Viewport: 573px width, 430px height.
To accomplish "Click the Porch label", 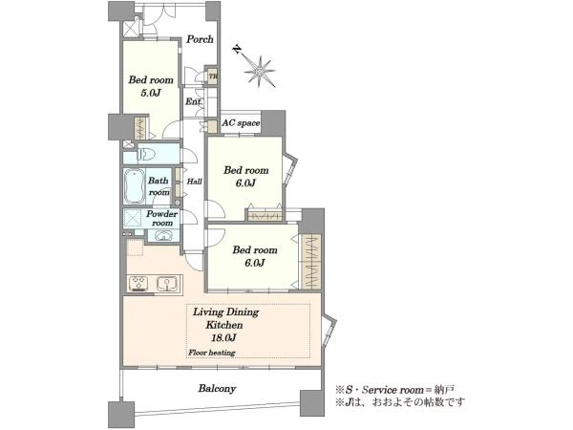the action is click(200, 39).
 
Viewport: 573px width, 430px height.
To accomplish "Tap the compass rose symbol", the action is click(260, 72).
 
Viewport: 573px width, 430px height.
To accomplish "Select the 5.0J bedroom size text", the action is click(151, 93).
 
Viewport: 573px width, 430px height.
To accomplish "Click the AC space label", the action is click(241, 123).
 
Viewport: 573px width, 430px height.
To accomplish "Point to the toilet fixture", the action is click(147, 154).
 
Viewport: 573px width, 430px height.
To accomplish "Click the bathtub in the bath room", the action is click(135, 186).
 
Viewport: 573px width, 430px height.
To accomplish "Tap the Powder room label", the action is click(162, 218).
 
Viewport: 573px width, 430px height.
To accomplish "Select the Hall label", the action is click(194, 181).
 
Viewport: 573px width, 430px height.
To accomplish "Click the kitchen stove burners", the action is click(138, 283).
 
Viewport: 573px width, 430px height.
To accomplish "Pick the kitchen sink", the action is click(167, 283).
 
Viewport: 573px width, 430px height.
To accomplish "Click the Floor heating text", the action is click(212, 353).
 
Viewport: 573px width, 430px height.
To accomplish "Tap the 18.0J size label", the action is click(223, 338).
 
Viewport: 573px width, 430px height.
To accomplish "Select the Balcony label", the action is click(217, 388).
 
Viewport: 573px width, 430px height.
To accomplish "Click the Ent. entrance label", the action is click(194, 101).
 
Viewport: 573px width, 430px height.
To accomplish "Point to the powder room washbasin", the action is click(163, 236).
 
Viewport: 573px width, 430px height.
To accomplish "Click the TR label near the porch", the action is click(213, 76).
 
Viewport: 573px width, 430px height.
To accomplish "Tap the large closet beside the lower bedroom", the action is click(311, 261).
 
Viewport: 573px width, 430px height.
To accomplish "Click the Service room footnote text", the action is click(395, 389).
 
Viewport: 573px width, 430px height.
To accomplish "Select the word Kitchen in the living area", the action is click(224, 325).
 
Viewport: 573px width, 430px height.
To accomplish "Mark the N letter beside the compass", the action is click(238, 50).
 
